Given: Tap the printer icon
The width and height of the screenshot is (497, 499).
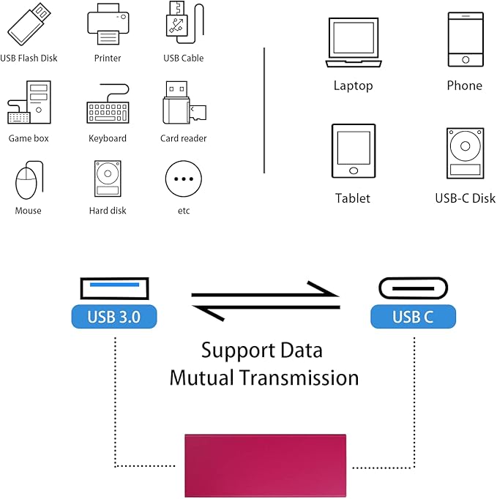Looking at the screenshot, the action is (x=108, y=24).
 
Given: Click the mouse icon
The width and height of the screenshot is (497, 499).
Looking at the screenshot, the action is (x=28, y=180).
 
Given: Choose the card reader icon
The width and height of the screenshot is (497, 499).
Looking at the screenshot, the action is (x=184, y=102).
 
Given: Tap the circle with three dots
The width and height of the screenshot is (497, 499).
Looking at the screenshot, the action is (x=184, y=179).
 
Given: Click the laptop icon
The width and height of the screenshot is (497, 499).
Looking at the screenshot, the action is (x=354, y=42).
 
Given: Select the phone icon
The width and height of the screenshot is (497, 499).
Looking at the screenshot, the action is (x=466, y=40).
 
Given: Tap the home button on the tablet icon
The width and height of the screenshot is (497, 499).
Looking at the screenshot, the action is (x=354, y=171).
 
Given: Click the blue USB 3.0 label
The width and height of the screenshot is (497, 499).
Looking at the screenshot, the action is (x=114, y=317).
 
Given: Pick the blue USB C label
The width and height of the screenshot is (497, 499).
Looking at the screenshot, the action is (x=413, y=317).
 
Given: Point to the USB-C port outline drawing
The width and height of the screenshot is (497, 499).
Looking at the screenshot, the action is (x=413, y=278).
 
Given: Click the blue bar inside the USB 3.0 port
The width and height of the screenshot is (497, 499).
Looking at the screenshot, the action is (x=115, y=285).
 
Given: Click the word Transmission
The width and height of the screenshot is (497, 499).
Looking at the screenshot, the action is (x=299, y=378).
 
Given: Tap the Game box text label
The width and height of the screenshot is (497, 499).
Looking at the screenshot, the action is (x=29, y=138).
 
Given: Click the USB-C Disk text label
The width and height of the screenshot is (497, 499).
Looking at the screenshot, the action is (x=466, y=198).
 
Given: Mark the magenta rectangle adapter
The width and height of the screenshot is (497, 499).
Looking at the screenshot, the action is (x=265, y=465).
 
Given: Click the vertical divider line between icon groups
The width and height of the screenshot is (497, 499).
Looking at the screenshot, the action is (x=264, y=110).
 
